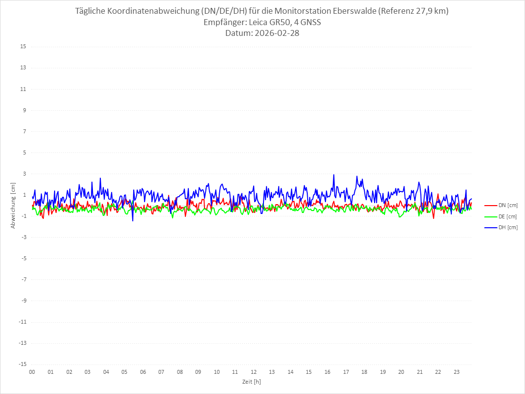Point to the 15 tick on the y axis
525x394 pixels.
coord(23,47)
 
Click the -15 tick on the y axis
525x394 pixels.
coord(22,364)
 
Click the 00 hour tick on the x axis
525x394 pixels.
coord(32,372)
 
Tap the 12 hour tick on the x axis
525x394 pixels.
coord(254,372)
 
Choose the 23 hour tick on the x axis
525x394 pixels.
coord(457,372)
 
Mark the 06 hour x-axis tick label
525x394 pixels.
coord(143,372)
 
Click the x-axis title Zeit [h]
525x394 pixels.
coord(251,381)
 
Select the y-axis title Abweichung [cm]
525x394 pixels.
coord(13,205)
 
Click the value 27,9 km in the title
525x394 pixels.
coord(429,10)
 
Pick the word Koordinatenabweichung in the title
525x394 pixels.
coord(152,10)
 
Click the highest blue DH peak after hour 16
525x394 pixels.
coord(334,175)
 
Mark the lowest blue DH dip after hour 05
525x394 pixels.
coord(133,220)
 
